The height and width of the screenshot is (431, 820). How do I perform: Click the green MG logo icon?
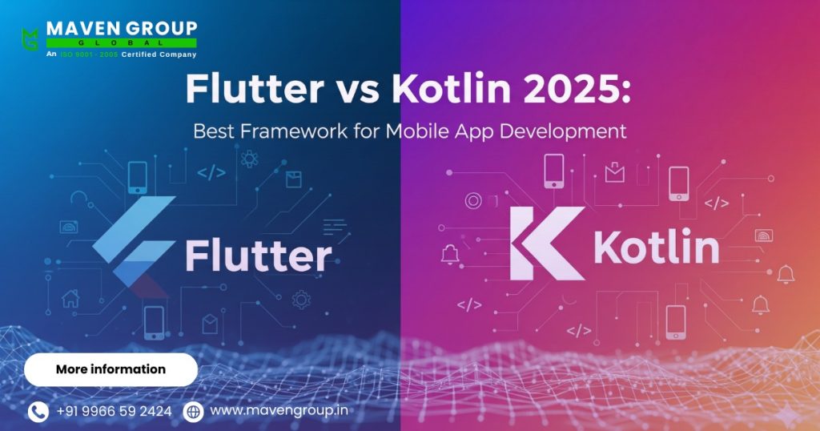(30, 38)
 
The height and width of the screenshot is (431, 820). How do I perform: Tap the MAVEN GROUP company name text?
(121, 28)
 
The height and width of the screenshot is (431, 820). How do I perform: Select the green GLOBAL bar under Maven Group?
(121, 42)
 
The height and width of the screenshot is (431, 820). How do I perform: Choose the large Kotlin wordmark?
(656, 248)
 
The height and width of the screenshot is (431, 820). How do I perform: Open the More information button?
(111, 369)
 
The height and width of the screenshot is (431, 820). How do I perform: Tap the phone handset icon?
(38, 412)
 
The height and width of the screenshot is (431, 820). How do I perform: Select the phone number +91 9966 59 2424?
(114, 412)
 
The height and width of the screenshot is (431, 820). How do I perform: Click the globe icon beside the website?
(193, 412)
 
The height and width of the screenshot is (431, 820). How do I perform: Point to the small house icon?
(71, 300)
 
